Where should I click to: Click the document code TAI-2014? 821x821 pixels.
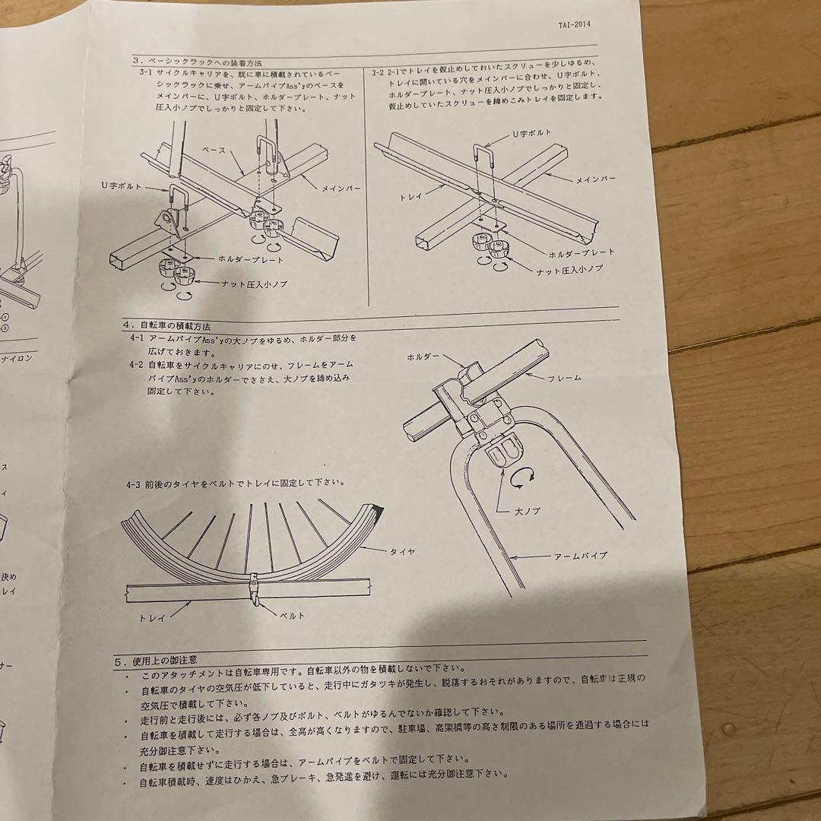coord(572,24)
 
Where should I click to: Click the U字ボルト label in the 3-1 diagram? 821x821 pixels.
coord(121,185)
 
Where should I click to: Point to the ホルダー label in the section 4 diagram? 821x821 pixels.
coord(423,356)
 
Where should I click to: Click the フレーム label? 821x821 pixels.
coord(564,376)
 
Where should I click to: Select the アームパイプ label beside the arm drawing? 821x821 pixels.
coord(580,556)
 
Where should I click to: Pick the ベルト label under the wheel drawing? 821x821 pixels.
coord(290,615)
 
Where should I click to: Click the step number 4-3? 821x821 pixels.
coord(135,483)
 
